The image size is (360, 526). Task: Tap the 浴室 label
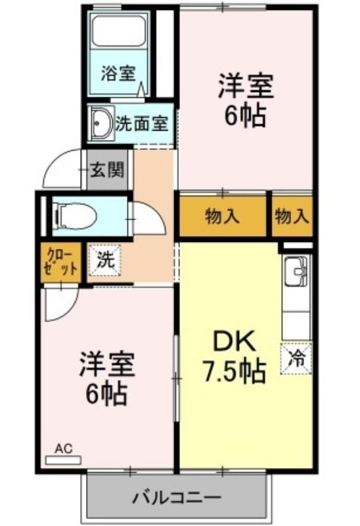pyautogui.click(x=118, y=74)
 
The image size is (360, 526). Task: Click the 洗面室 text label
pyautogui.click(x=141, y=124)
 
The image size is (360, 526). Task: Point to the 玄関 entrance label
pyautogui.click(x=107, y=170)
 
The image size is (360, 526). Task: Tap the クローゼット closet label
pyautogui.click(x=61, y=262)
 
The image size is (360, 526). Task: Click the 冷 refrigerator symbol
pyautogui.click(x=296, y=358)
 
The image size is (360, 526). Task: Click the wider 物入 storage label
pyautogui.click(x=222, y=216)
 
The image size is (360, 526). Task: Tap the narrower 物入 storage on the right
pyautogui.click(x=292, y=216)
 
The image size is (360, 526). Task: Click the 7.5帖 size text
pyautogui.click(x=235, y=371)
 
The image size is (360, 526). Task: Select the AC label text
pyautogui.click(x=63, y=448)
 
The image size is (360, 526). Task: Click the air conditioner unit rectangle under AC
pyautogui.click(x=63, y=460)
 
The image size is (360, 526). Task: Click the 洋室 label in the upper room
pyautogui.click(x=246, y=87)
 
